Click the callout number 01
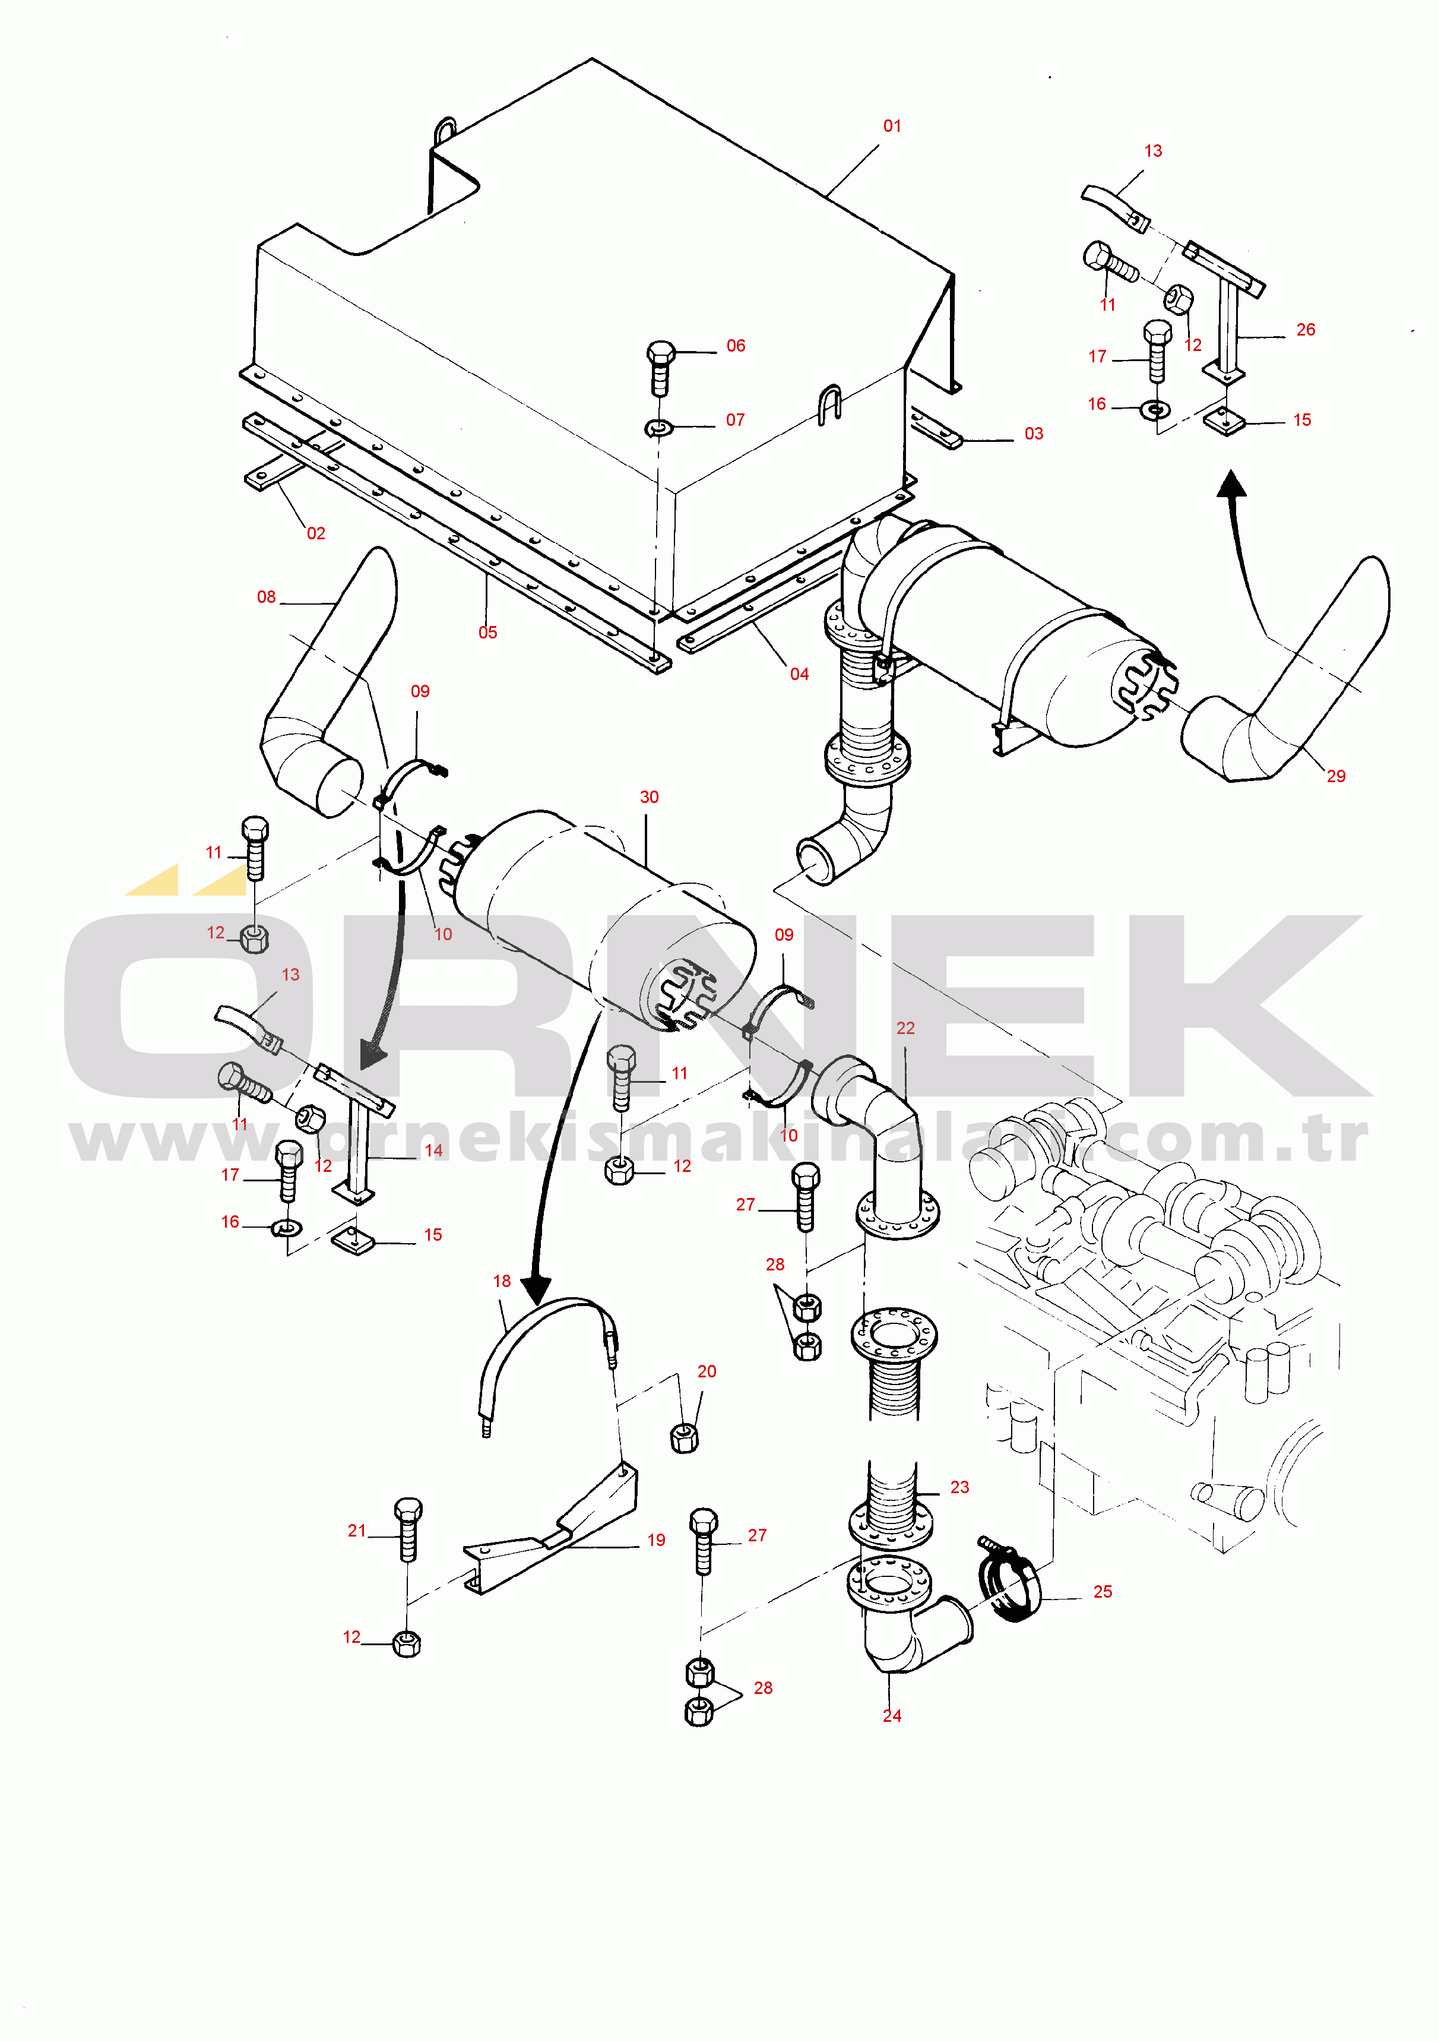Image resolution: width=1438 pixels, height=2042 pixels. (x=892, y=127)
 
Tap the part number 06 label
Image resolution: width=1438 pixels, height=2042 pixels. (x=736, y=346)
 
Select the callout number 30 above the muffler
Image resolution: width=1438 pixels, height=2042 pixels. (x=649, y=797)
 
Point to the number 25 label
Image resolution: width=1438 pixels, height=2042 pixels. (x=1103, y=1591)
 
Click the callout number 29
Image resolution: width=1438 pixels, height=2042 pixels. (x=1336, y=776)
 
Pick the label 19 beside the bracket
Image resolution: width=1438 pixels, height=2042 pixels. (x=656, y=1540)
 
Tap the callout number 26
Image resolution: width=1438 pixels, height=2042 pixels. (x=1306, y=330)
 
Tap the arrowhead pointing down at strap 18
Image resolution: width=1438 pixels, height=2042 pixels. (x=536, y=1289)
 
